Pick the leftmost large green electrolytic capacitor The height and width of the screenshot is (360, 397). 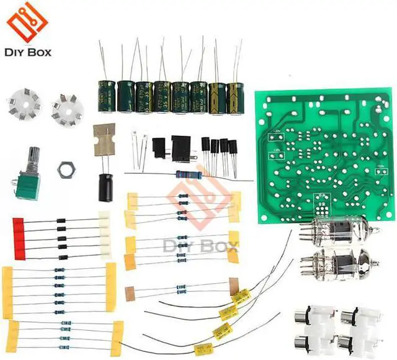[x=109, y=95]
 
